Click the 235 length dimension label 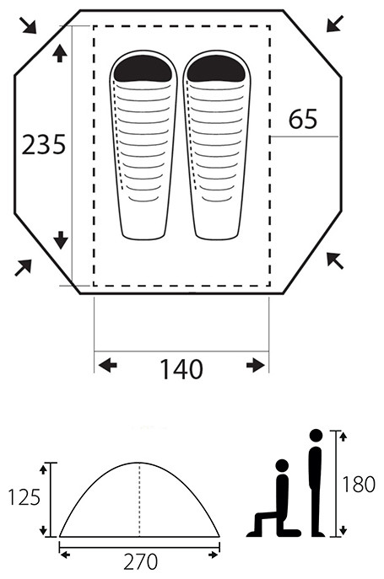(44, 144)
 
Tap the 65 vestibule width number (303, 119)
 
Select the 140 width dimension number (181, 369)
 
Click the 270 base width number (141, 561)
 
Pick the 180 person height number (359, 484)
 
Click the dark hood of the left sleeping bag (143, 68)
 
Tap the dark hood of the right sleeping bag (216, 68)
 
